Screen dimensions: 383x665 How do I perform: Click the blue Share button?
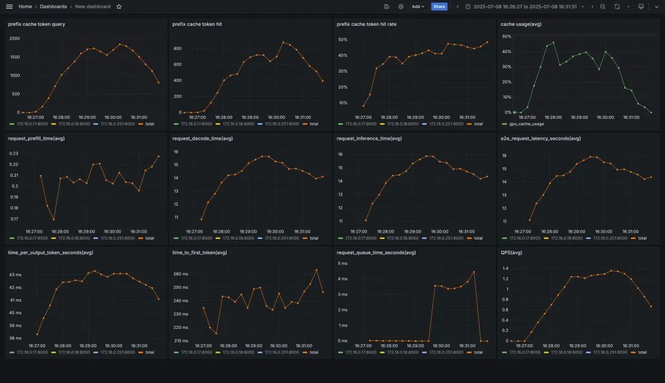point(439,6)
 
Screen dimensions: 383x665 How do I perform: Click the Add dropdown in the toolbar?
point(419,6)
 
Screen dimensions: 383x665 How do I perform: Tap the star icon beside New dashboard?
point(119,6)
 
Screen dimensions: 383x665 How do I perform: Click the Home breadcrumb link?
point(25,6)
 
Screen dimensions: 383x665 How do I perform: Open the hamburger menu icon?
point(9,6)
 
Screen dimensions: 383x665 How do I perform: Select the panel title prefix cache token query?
point(36,24)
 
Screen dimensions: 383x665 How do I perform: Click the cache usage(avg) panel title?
point(521,24)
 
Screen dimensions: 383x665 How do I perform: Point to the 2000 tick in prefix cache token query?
point(14,38)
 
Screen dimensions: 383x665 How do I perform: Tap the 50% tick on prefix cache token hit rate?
point(343,39)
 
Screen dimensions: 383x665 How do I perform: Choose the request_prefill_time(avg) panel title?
point(36,139)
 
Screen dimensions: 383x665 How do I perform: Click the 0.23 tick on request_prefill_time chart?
point(14,153)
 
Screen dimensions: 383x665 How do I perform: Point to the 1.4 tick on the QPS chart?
point(506,268)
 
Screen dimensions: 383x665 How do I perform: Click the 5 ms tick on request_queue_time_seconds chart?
point(342,264)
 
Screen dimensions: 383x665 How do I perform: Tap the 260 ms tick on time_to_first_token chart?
point(180,274)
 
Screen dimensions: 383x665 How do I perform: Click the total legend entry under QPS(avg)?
point(642,352)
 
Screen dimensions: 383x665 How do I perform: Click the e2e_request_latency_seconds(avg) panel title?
point(541,139)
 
